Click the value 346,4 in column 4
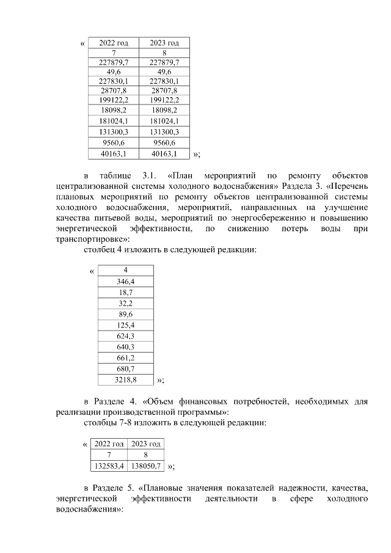coord(125,281)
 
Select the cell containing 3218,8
coord(125,379)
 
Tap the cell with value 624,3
coord(125,336)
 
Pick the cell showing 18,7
coord(125,292)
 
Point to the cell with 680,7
coord(125,369)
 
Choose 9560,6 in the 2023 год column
coord(164,142)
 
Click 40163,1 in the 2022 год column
coord(113,153)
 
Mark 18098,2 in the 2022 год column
coord(113,110)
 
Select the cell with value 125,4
coord(125,325)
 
